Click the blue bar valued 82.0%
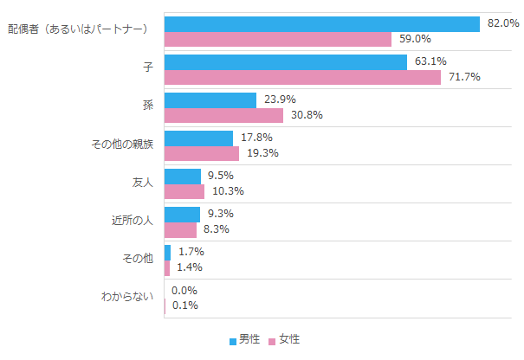[x=320, y=23]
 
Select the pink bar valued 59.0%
[x=277, y=39]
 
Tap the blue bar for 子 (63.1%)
[x=285, y=61]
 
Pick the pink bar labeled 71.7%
[x=301, y=77]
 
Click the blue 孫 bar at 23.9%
[x=210, y=100]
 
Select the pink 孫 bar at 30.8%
[x=223, y=115]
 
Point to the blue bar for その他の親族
[x=198, y=138]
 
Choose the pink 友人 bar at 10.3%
[x=184, y=191]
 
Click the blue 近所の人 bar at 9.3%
[x=182, y=214]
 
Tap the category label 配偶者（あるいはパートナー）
[x=80, y=30]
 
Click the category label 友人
[x=141, y=183]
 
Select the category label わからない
[x=127, y=298]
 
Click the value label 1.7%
[x=191, y=252]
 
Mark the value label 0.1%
[x=184, y=305]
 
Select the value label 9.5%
[x=221, y=176]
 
